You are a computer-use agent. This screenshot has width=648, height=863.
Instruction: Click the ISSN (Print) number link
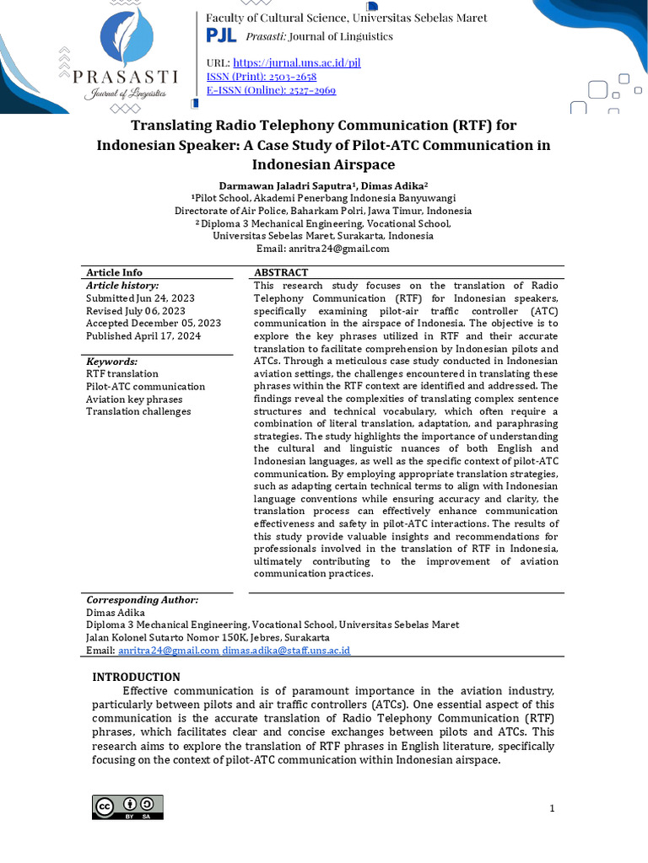[x=262, y=76]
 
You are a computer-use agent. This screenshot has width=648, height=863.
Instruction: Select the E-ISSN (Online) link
[x=271, y=89]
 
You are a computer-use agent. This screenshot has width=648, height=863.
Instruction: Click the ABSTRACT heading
[x=281, y=272]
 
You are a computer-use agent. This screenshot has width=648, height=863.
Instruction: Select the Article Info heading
[x=114, y=272]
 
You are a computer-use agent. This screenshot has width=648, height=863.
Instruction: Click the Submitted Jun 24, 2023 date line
[x=142, y=297]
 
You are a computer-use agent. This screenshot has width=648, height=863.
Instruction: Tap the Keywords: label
[x=111, y=361]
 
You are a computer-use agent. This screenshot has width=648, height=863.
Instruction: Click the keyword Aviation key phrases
[x=134, y=399]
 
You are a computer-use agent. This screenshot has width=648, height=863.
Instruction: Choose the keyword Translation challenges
[x=138, y=411]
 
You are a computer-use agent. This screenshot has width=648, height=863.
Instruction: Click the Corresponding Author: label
[x=142, y=599]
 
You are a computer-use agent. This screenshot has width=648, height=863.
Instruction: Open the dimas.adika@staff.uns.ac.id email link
[x=286, y=651]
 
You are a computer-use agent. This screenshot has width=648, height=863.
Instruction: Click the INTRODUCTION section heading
[x=136, y=677]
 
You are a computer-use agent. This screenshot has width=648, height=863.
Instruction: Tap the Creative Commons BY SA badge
[x=127, y=807]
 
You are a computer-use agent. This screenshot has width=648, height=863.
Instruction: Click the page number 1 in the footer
[x=552, y=809]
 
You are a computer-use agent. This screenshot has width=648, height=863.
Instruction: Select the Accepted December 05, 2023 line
[x=154, y=323]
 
